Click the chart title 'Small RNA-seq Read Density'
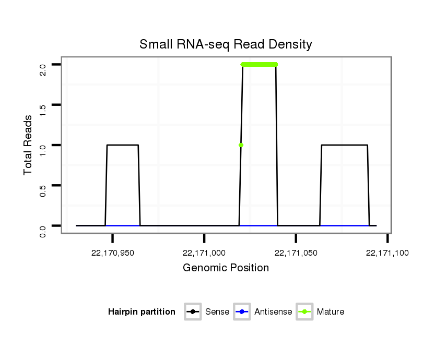226,44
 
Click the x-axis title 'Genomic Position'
226,268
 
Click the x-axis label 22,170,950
112,253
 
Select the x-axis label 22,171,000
204,253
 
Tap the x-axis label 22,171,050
296,253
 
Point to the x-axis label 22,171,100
387,253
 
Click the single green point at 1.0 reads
241,145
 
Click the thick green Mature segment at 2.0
259,65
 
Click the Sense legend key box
193,312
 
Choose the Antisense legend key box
243,312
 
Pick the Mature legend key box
304,312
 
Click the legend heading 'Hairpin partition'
142,312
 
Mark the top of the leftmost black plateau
123,145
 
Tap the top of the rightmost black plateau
345,145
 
